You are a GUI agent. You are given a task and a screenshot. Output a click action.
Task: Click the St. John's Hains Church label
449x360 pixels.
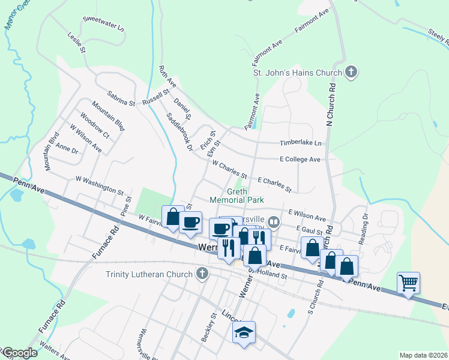click(297, 73)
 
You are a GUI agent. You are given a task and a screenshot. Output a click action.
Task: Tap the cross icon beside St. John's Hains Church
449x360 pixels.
click(351, 73)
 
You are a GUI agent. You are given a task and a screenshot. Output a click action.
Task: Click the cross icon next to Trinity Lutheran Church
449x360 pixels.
click(202, 274)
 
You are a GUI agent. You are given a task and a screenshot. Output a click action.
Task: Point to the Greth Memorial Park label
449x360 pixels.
click(237, 196)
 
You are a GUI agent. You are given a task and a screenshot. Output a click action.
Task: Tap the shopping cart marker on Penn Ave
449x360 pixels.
click(408, 282)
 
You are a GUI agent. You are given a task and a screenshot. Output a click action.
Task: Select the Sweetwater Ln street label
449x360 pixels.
click(103, 23)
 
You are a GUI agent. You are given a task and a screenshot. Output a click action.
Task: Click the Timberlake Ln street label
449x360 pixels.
click(301, 143)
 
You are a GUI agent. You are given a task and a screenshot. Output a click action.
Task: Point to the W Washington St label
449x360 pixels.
click(99, 184)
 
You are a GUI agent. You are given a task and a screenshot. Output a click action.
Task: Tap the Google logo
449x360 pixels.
click(19, 353)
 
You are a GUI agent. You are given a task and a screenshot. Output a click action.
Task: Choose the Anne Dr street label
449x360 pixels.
click(67, 148)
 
